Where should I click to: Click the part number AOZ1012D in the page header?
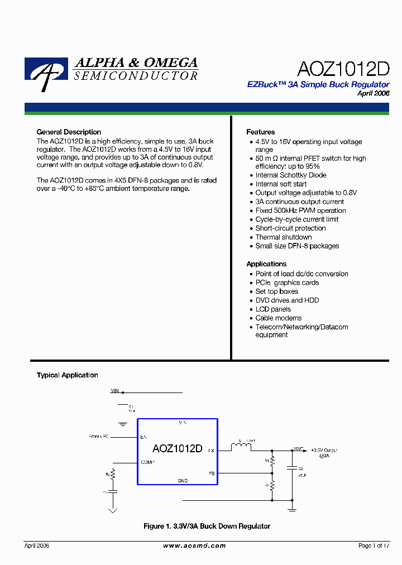343,69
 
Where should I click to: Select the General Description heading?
69,132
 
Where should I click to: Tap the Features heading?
260,132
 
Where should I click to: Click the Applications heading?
266,264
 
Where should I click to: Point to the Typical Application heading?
67,375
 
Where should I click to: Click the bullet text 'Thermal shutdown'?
284,237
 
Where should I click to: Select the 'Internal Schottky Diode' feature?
291,175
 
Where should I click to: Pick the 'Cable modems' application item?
279,318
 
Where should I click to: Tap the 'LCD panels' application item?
273,309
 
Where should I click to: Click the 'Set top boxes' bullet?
277,291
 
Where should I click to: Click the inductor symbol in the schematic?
242,447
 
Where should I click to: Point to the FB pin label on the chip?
212,473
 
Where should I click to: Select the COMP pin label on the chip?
148,462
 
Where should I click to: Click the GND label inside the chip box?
183,481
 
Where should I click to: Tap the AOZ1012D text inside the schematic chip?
177,449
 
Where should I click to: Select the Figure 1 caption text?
207,526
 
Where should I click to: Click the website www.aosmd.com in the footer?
194,546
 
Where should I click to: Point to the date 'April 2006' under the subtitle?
373,93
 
